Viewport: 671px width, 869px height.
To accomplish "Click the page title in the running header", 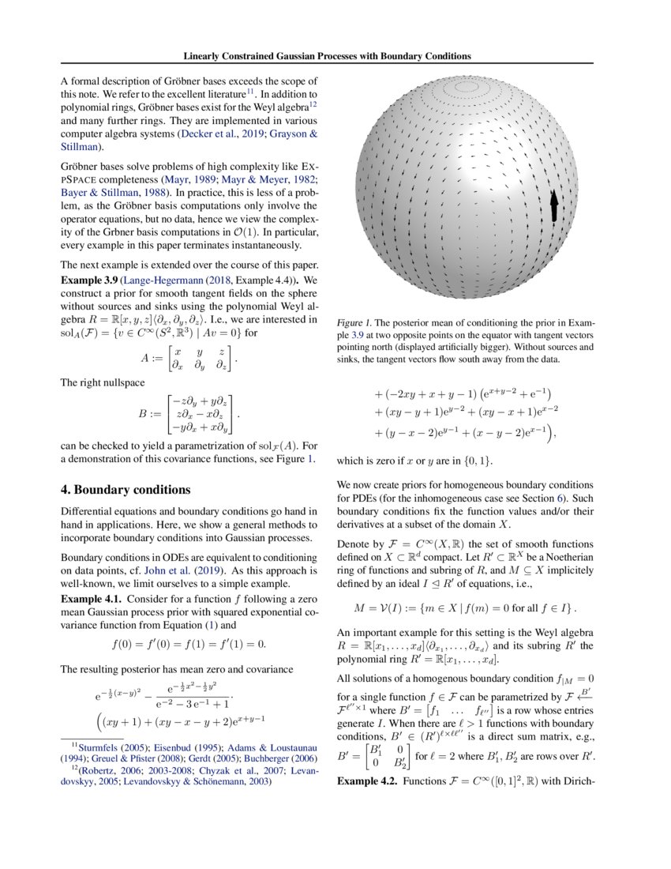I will tap(327, 56).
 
